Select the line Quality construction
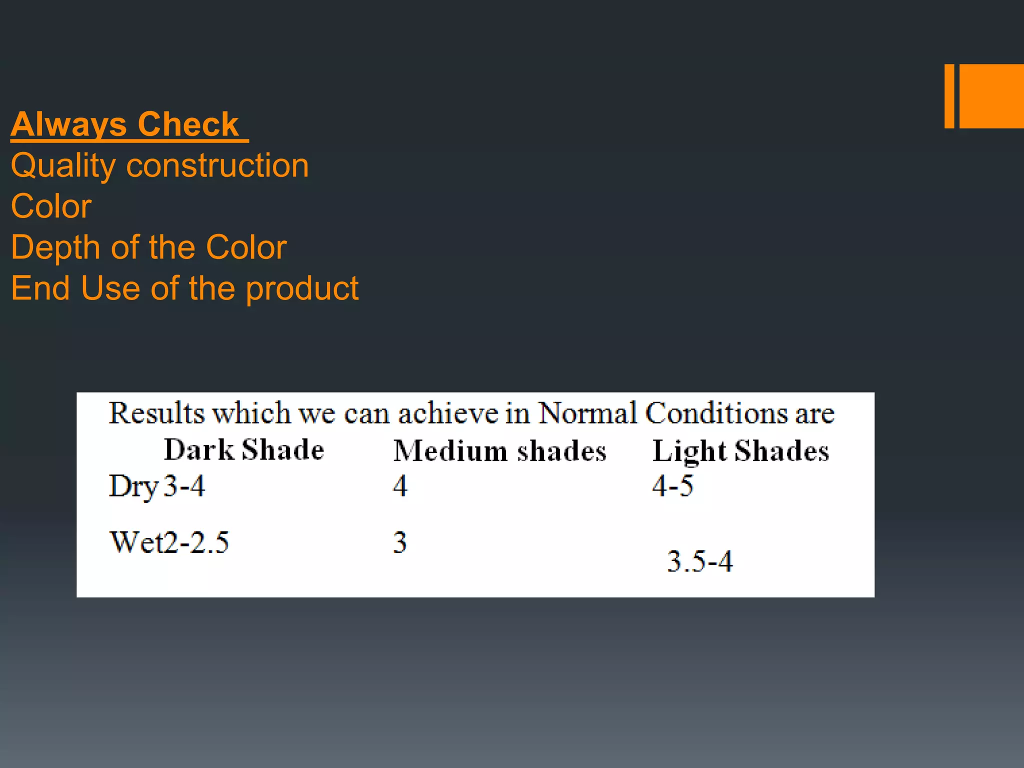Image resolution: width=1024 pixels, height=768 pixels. (x=160, y=165)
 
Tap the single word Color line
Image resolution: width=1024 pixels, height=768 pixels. (x=51, y=206)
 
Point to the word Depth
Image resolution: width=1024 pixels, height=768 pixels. (x=55, y=247)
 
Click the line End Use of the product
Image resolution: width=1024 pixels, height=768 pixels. (x=184, y=288)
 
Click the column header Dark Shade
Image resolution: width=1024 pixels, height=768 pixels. (x=244, y=449)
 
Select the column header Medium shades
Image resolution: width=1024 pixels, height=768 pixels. (x=499, y=450)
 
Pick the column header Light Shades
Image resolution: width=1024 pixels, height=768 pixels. (x=740, y=451)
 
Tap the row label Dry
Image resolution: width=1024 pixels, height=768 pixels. (x=133, y=486)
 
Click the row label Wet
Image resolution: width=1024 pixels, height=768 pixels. (x=135, y=542)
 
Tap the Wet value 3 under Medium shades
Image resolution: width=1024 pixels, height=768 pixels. (x=400, y=542)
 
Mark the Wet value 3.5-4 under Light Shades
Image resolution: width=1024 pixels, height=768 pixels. (x=700, y=561)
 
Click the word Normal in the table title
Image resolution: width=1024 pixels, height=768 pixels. (x=588, y=413)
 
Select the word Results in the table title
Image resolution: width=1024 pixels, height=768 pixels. (x=157, y=413)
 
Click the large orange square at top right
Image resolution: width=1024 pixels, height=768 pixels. (x=991, y=96)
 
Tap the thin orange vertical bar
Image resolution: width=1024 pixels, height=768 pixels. (x=949, y=96)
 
